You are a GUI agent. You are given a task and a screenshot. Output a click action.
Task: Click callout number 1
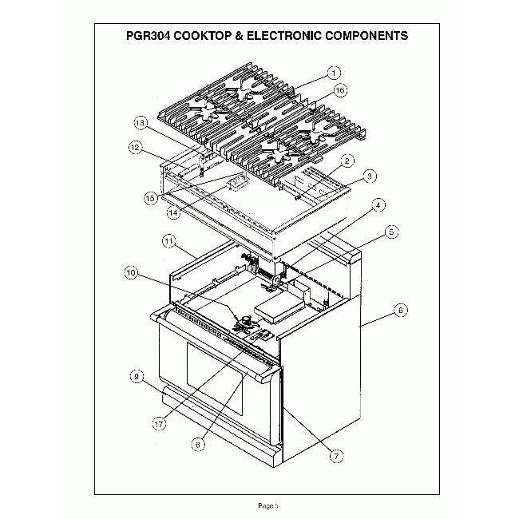pos(334,73)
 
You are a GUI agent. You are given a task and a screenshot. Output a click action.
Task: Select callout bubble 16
pos(340,90)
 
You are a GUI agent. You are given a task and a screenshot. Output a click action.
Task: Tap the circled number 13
pos(141,124)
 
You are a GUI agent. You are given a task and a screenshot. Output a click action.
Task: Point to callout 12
pos(135,148)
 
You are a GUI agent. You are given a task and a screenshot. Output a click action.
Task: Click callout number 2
pos(347,160)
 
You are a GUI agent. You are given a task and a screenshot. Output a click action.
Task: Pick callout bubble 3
pos(370,175)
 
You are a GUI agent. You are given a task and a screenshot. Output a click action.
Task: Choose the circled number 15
pos(150,197)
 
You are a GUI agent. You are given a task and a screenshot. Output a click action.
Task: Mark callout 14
pos(172,213)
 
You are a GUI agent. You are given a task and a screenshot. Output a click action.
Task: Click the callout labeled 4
pos(379,205)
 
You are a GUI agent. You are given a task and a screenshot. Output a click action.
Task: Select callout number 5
pos(391,232)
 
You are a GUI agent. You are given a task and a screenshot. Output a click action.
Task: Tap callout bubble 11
pos(168,240)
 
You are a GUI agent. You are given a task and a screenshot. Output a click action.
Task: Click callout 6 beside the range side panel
pos(401,309)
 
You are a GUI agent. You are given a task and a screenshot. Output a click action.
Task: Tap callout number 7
pos(336,455)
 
